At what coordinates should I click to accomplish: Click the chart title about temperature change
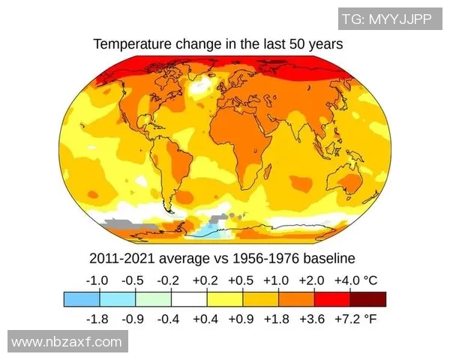[x=218, y=44]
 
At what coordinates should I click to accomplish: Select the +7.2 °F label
[x=358, y=319]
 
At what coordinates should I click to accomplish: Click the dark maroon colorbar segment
[x=368, y=299]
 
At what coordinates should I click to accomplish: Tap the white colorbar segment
[x=189, y=299]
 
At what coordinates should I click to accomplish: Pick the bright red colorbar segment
[x=332, y=299]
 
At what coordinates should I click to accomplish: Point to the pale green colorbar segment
[x=153, y=299]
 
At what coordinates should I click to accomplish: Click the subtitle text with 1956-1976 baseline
[x=221, y=259]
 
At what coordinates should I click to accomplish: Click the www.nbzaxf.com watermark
[x=67, y=342]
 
